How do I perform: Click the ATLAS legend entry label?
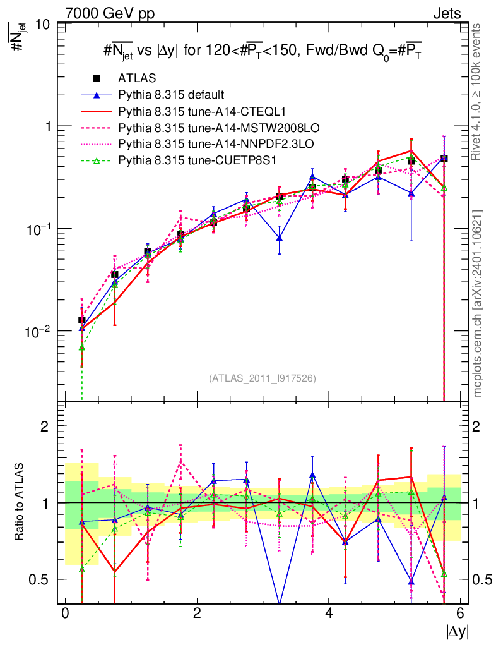point(137,78)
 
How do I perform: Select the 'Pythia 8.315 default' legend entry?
point(171,95)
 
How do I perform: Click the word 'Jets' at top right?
point(446,13)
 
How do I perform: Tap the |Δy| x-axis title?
point(455,631)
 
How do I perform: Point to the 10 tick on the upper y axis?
point(43,24)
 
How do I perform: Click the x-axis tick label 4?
point(329,614)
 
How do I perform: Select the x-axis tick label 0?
point(65,614)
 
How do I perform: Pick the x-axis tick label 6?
point(461,614)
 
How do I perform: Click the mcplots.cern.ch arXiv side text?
point(478,303)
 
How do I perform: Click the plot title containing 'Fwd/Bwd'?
point(262,51)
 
